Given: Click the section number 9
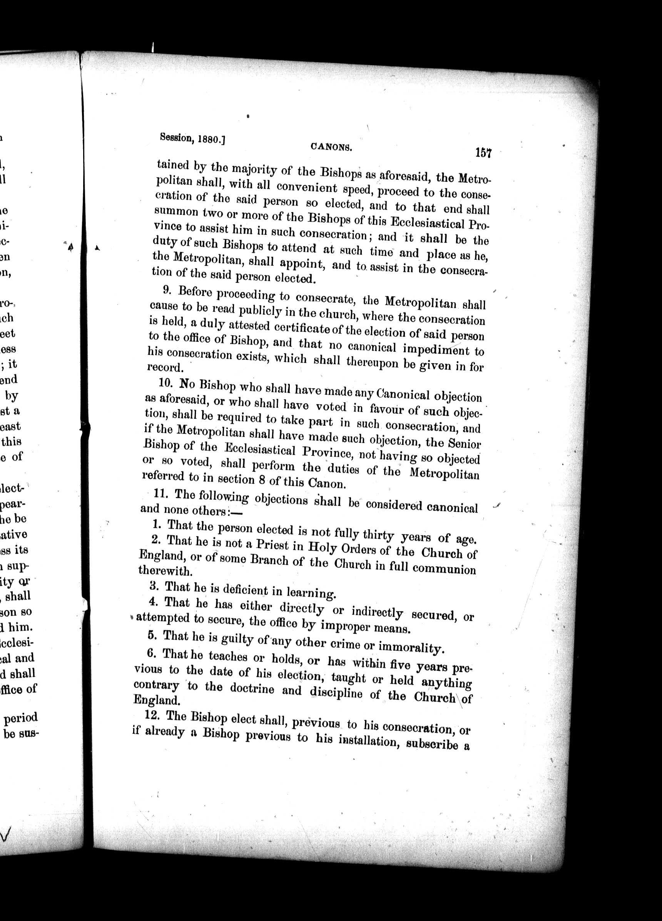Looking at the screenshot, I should point(165,289).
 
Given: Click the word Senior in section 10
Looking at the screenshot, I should point(465,444).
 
